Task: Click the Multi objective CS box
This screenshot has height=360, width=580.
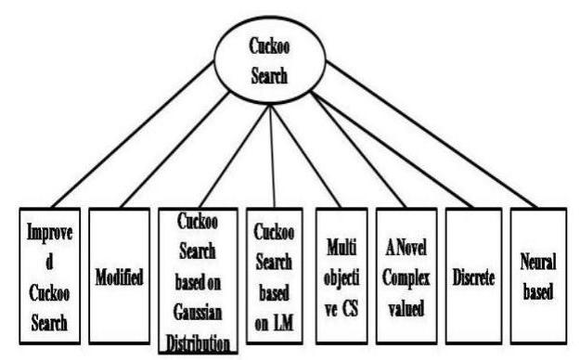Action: click(x=337, y=276)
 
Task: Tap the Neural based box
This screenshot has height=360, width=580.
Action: click(x=537, y=276)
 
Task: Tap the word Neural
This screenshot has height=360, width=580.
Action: click(x=538, y=263)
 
